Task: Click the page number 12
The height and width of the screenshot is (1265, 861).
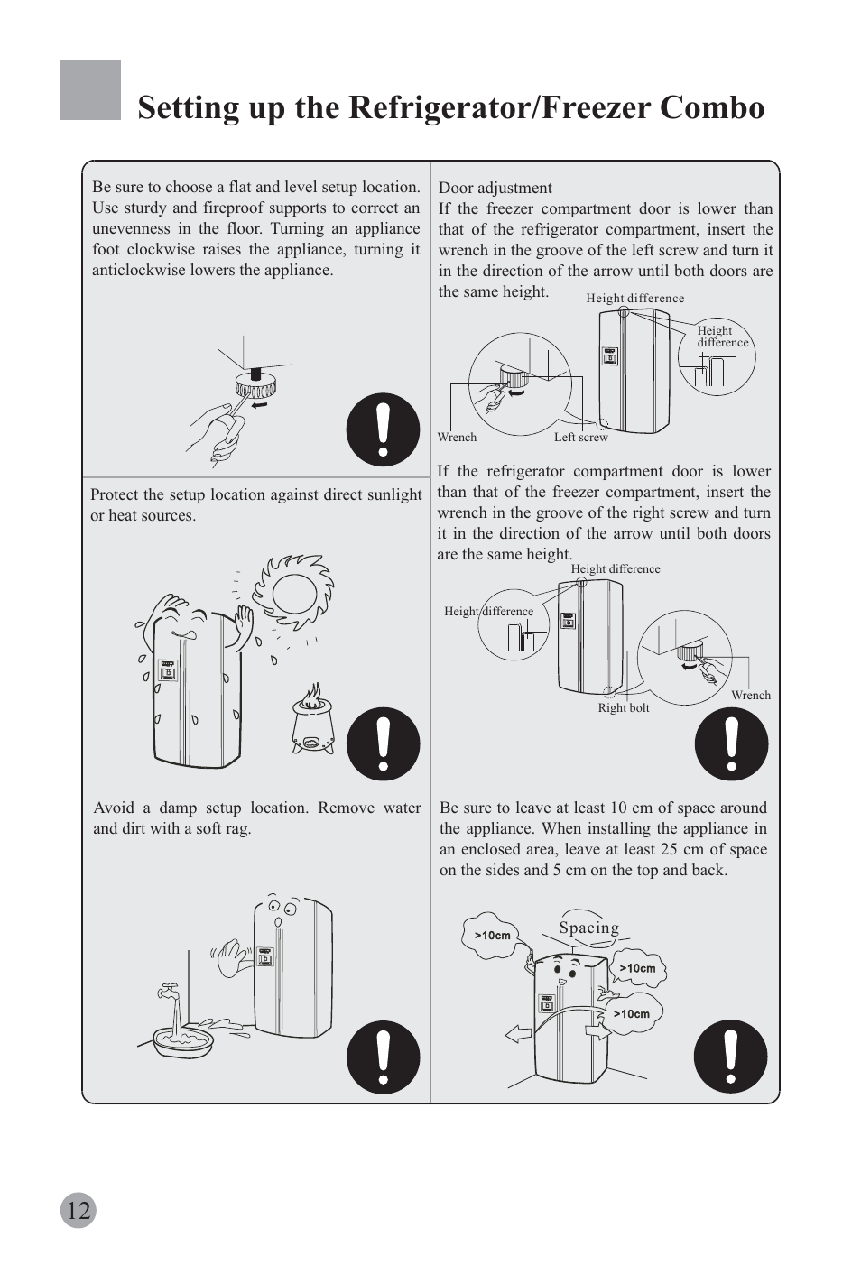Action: pos(79,1210)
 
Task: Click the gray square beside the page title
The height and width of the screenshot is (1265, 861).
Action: pos(90,90)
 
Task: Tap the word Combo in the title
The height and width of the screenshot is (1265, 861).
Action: pos(712,107)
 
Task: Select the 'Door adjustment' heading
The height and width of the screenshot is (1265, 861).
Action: pos(495,188)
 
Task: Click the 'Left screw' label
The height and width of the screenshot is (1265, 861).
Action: pos(580,438)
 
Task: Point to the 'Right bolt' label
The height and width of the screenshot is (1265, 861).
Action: pos(624,708)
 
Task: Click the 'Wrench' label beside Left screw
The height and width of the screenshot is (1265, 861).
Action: pos(457,438)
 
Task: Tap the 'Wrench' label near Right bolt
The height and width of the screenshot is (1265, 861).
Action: pos(751,696)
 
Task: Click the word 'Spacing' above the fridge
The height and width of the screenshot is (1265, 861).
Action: pos(588,928)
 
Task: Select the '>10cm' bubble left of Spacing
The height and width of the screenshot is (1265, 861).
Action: pos(493,936)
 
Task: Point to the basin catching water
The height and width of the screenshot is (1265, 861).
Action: pos(184,1043)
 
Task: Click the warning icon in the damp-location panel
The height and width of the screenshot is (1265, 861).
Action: pos(384,1057)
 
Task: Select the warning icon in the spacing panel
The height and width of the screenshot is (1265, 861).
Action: pos(730,1057)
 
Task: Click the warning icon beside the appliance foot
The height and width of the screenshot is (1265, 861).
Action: pos(384,429)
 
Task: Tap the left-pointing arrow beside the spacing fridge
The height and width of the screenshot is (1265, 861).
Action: pos(519,1033)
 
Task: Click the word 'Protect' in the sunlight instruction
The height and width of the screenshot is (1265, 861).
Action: pos(114,494)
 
